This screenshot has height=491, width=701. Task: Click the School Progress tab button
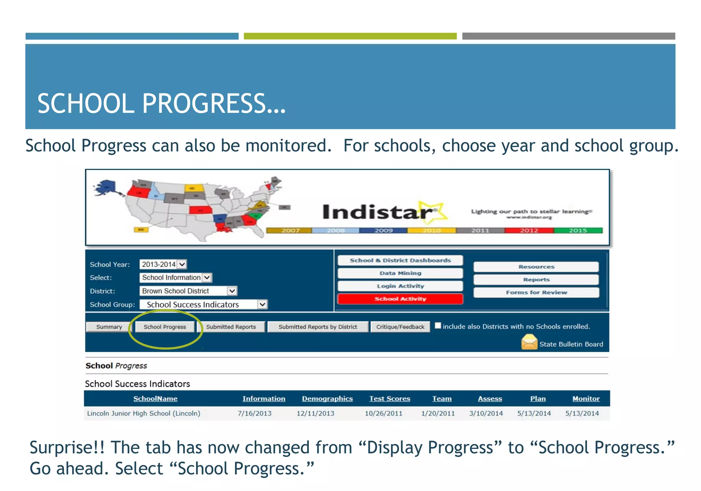(x=165, y=327)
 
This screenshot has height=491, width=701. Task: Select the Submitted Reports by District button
(x=318, y=327)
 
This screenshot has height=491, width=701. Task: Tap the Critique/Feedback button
(x=400, y=327)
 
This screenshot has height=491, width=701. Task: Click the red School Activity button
(x=400, y=299)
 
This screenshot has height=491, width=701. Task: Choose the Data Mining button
(x=400, y=273)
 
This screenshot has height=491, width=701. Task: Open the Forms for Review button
(x=536, y=292)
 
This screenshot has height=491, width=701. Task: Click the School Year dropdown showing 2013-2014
(x=163, y=264)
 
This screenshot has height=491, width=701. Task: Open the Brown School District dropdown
(x=188, y=291)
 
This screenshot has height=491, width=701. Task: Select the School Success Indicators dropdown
(x=203, y=304)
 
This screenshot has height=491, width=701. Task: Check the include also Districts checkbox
(x=438, y=326)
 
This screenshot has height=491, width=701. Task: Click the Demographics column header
(x=327, y=399)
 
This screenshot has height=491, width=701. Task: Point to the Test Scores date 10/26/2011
(x=383, y=413)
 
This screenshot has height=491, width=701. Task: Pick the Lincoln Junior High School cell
(x=144, y=413)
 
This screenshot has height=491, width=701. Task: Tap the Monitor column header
(x=586, y=399)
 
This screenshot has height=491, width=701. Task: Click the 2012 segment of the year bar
(x=529, y=230)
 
